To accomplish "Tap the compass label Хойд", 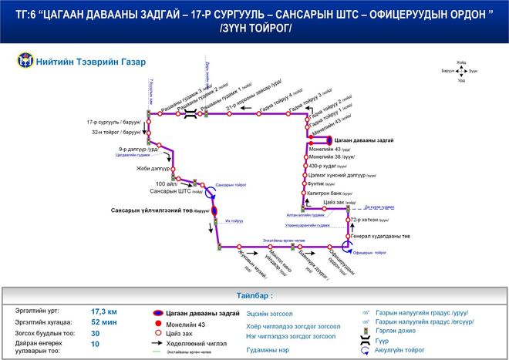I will [x=461, y=62].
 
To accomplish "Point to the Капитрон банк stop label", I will [x=327, y=193].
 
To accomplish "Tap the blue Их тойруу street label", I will [x=234, y=221].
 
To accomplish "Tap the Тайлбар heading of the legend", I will [x=254, y=295].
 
